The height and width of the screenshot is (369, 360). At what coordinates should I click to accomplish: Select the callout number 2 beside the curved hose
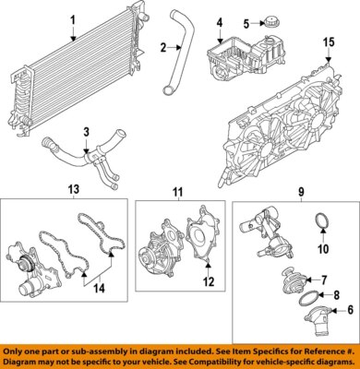click(x=162, y=48)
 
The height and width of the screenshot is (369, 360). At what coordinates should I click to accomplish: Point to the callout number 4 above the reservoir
click(x=220, y=22)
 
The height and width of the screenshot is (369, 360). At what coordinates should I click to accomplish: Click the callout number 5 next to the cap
click(x=246, y=23)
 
